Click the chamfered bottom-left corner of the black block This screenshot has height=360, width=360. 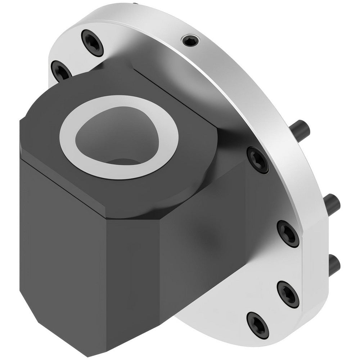40,317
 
